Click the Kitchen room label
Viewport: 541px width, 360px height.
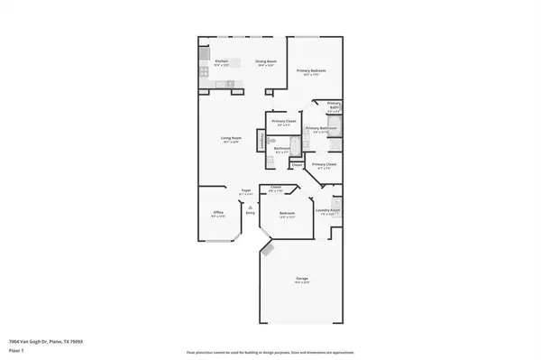click(222, 62)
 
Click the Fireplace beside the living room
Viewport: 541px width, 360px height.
click(262, 141)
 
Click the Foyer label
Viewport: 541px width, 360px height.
click(245, 191)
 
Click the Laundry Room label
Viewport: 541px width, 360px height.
click(327, 214)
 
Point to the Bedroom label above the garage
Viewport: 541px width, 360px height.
click(289, 215)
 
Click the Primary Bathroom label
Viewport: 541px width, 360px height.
click(320, 129)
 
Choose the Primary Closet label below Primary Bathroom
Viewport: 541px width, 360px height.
click(325, 166)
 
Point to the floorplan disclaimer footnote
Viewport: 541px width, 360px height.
click(270, 352)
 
